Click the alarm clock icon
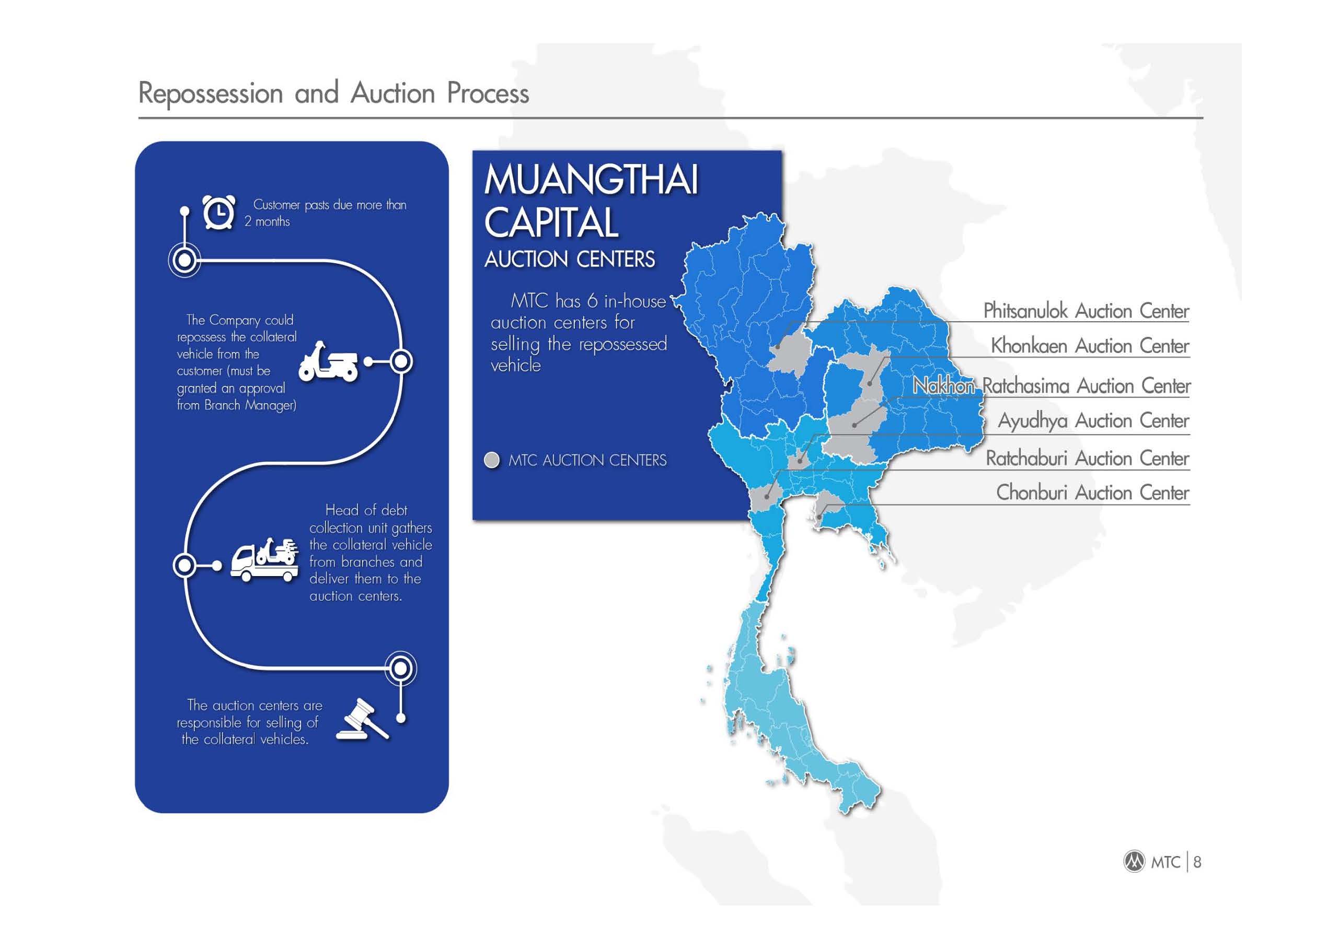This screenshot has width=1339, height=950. pyautogui.click(x=219, y=213)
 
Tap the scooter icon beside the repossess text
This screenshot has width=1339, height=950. pyautogui.click(x=328, y=361)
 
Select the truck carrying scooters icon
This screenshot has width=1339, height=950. pyautogui.click(x=264, y=560)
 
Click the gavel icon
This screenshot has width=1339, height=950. pyautogui.click(x=362, y=719)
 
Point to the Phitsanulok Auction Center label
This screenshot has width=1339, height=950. pyautogui.click(x=1086, y=311)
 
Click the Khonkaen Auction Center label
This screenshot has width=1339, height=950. pyautogui.click(x=1090, y=346)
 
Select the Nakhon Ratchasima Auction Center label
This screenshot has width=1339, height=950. pyautogui.click(x=1052, y=385)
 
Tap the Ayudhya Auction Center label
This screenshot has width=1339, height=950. pyautogui.click(x=1093, y=420)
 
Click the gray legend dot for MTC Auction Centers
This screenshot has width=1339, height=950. pyautogui.click(x=492, y=460)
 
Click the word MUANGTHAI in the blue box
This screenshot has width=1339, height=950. pyautogui.click(x=591, y=179)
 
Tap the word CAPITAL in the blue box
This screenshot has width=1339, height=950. pyautogui.click(x=551, y=222)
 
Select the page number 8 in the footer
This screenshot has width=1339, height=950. pyautogui.click(x=1197, y=862)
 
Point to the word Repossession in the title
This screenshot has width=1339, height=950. pyautogui.click(x=211, y=93)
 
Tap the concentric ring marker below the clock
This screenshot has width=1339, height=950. pyautogui.click(x=185, y=260)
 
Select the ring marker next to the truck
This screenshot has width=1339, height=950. pyautogui.click(x=185, y=565)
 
